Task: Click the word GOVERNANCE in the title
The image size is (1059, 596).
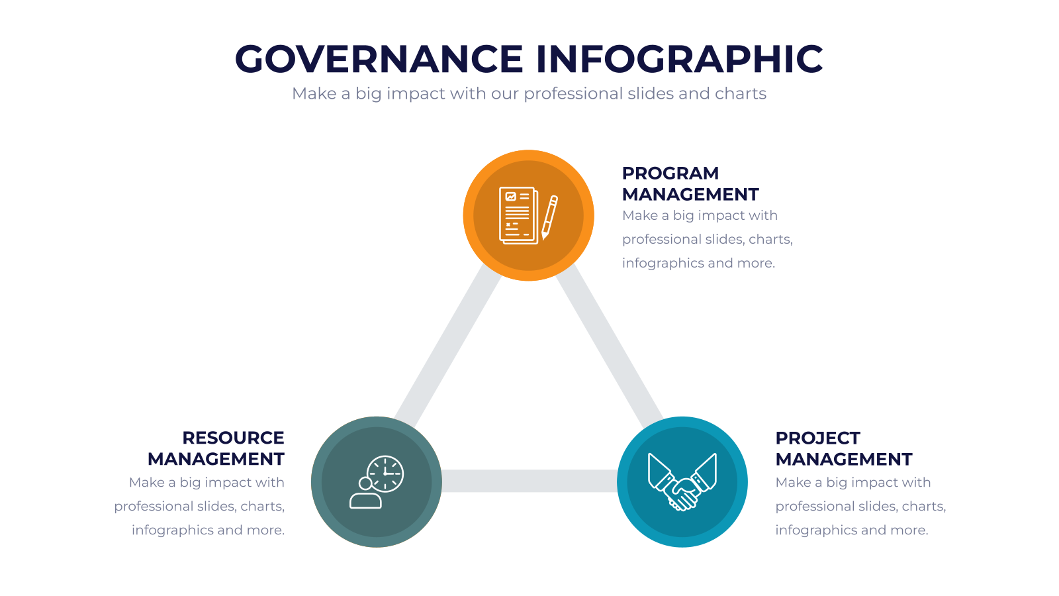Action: coord(379,59)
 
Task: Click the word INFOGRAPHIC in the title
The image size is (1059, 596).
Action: coord(679,59)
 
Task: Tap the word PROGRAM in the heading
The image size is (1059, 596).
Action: coord(670,173)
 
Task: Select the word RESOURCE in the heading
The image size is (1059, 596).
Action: coord(233,438)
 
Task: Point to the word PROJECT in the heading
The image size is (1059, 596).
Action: coord(817,438)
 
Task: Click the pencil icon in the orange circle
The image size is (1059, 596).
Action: coord(549,218)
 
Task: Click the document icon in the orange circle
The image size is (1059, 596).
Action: coord(519,216)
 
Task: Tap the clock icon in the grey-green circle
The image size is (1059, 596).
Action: coord(385,473)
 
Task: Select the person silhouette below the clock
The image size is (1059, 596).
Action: coord(365,494)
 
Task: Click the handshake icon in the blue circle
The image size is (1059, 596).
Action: coord(682,482)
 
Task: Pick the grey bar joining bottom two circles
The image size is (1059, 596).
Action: coord(529,481)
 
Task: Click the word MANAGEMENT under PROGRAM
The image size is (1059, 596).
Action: coord(690,195)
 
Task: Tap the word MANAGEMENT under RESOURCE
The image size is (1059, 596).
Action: coord(216,460)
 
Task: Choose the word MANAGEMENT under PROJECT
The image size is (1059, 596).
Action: coord(844,460)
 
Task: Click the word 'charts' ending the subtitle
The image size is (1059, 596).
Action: coord(741,93)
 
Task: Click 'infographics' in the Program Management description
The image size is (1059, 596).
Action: coord(663,264)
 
